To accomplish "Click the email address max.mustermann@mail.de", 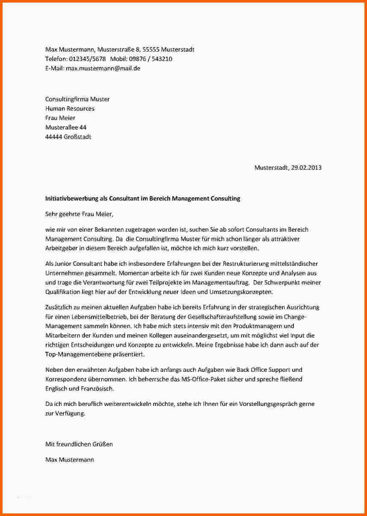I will (x=103, y=68).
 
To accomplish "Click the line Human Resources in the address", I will (x=70, y=108).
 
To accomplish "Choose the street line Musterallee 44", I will (x=66, y=128).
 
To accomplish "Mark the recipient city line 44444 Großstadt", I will (x=68, y=137).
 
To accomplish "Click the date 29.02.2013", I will (x=307, y=168).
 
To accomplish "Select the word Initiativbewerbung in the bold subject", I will (x=71, y=198).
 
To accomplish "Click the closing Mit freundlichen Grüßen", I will (x=79, y=444).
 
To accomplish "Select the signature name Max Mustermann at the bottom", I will (x=70, y=459).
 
